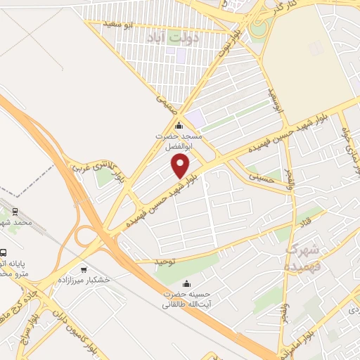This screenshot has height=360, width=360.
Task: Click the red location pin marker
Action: [x=181, y=166]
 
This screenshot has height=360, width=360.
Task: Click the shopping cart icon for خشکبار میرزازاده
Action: [x=85, y=270]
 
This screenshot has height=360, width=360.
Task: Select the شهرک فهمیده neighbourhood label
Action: [x=304, y=258]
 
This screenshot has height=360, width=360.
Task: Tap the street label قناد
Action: [x=307, y=222]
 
